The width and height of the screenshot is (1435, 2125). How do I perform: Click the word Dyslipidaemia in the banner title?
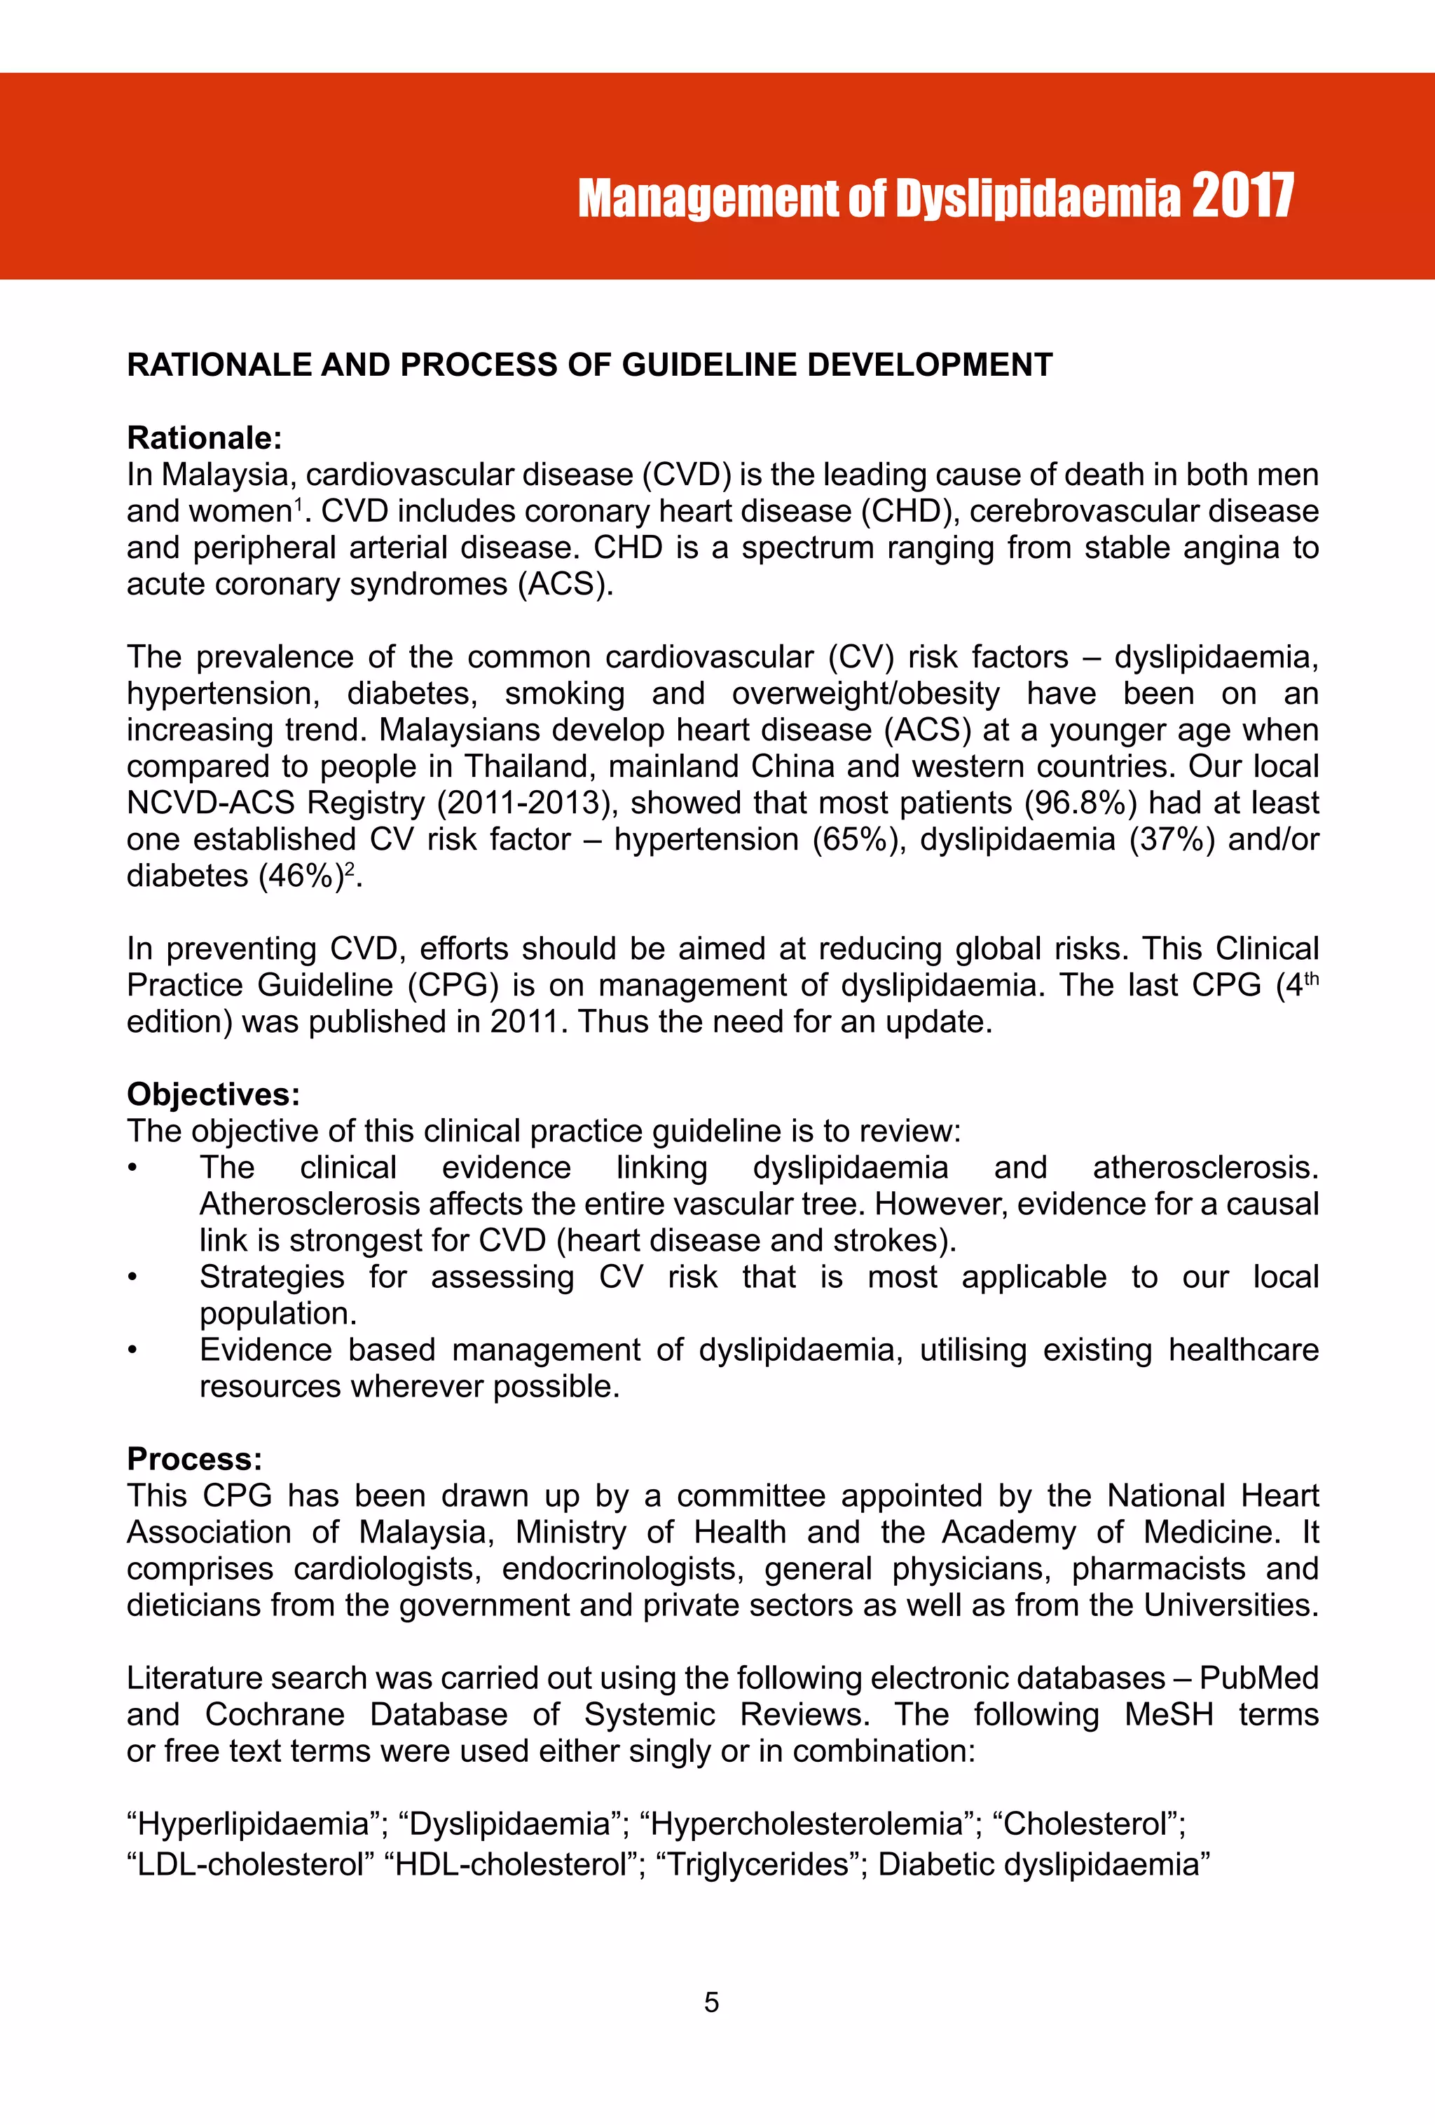(x=1038, y=198)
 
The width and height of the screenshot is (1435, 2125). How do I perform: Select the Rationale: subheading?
(x=204, y=438)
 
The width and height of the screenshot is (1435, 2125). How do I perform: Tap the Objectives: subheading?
(x=213, y=1094)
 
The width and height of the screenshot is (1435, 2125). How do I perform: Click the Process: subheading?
(x=195, y=1458)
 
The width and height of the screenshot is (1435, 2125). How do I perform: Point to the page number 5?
(x=711, y=2002)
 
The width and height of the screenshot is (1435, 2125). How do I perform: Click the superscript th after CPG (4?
(x=1311, y=979)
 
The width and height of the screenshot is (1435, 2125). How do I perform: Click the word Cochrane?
(x=274, y=1714)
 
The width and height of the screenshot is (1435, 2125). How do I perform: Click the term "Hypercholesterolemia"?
(x=808, y=1824)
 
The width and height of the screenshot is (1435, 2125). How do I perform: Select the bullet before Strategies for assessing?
(x=132, y=1277)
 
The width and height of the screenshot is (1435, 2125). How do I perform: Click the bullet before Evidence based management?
(x=132, y=1350)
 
